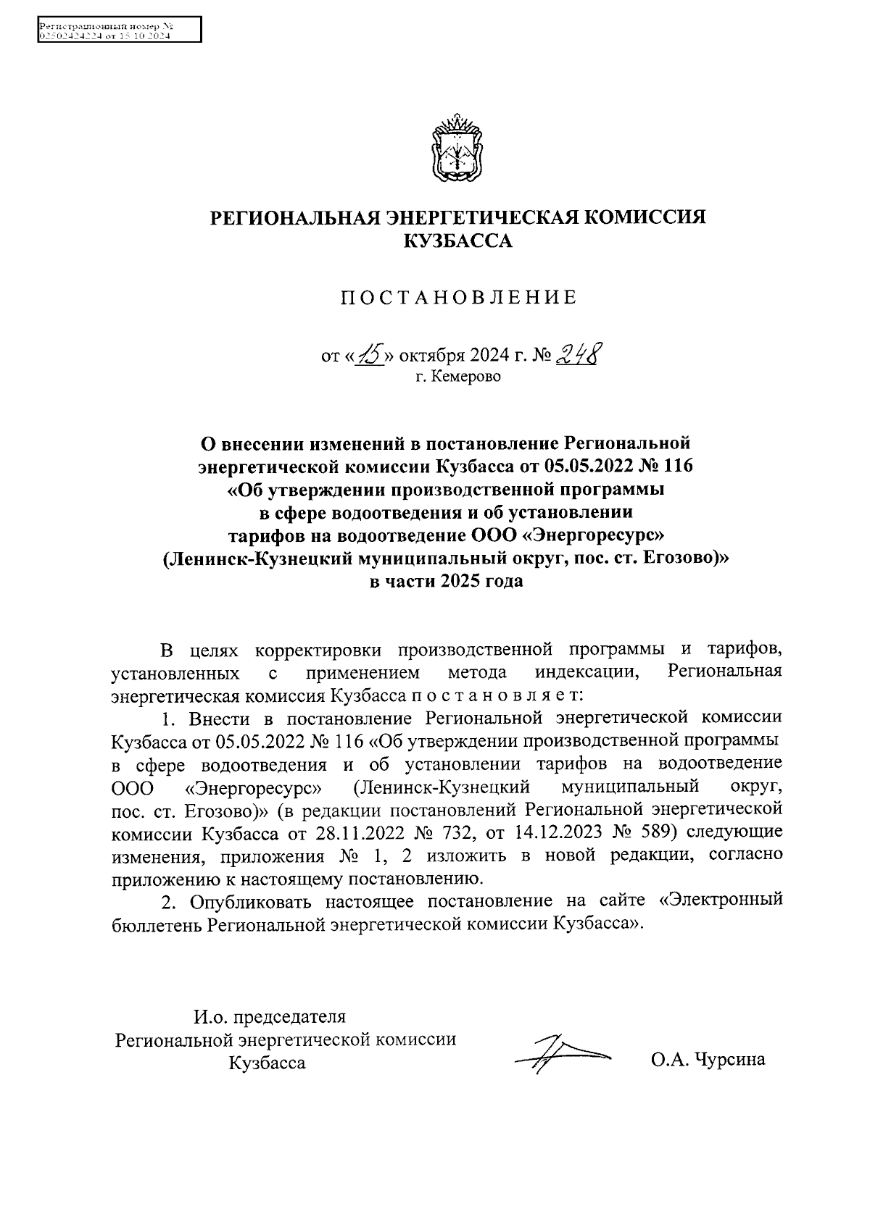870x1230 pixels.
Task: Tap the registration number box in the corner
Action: point(120,31)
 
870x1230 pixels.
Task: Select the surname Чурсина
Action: point(729,1060)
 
